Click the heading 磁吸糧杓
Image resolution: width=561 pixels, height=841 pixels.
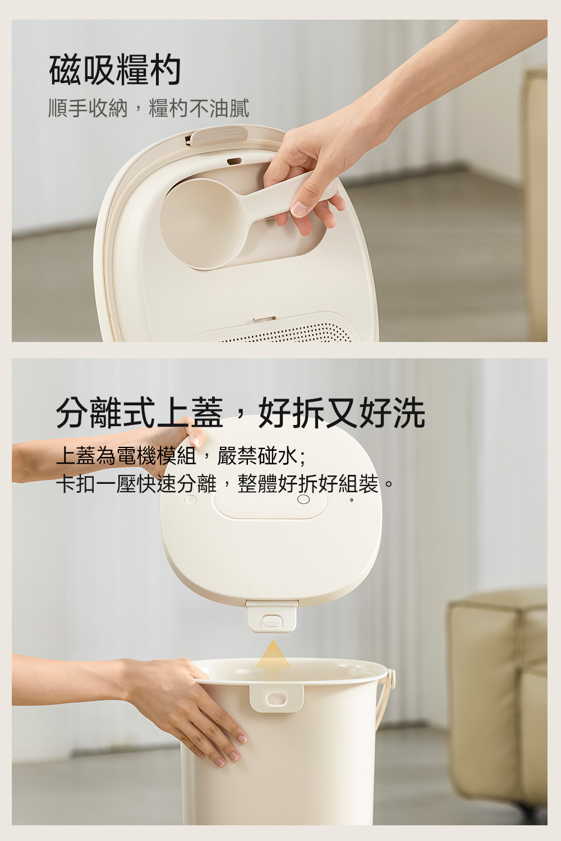click(115, 70)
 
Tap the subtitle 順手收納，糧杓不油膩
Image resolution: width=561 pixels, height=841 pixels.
click(149, 108)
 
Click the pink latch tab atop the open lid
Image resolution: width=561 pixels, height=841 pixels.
click(218, 135)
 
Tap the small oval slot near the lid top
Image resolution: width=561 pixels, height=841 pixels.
click(234, 161)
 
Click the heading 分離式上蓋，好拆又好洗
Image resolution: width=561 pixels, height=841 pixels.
click(241, 413)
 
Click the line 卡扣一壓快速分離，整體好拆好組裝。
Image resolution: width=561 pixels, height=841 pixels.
click(225, 483)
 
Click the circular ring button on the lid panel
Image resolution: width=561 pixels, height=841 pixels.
click(304, 500)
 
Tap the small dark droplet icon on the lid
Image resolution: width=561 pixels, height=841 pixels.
click(351, 500)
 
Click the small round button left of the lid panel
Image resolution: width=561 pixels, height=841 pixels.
click(191, 500)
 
